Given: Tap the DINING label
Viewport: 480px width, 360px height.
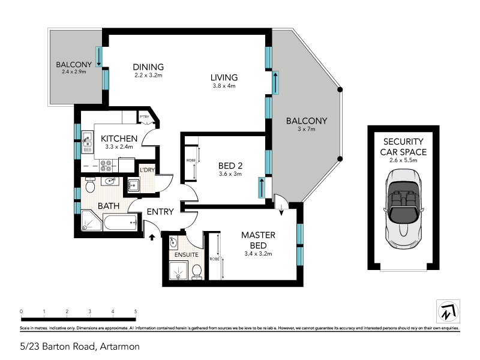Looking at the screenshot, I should pyautogui.click(x=148, y=67).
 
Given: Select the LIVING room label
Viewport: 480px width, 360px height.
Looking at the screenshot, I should pyautogui.click(x=224, y=77).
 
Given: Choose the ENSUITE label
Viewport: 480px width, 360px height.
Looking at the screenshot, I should pyautogui.click(x=186, y=255).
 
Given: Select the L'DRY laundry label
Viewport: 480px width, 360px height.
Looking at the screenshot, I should pyautogui.click(x=147, y=170).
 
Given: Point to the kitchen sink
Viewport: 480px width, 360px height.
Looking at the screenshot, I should pyautogui.click(x=88, y=140).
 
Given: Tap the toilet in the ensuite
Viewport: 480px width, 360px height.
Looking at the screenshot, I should pyautogui.click(x=196, y=272).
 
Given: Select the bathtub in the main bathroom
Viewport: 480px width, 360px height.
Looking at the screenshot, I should pyautogui.click(x=121, y=224).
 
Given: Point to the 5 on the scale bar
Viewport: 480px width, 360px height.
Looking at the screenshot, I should pyautogui.click(x=136, y=311).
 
